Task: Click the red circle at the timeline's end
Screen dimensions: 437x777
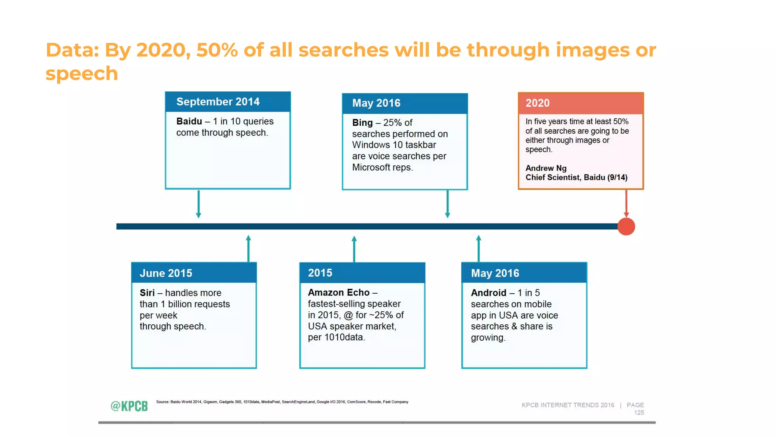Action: point(626,226)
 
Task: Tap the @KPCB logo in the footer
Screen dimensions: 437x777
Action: point(129,406)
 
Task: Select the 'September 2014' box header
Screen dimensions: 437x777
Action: point(228,102)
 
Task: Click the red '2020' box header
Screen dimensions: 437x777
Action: point(580,103)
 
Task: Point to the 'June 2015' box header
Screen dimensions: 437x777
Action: point(194,273)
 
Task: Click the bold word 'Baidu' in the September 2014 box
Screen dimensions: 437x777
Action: point(189,121)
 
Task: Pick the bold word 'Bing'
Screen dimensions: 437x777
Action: point(362,123)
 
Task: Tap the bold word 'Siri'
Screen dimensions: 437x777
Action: point(147,293)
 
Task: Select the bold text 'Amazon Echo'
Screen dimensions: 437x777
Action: point(338,292)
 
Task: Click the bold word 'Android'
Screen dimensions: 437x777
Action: point(488,293)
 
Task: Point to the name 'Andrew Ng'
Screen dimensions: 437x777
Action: point(546,168)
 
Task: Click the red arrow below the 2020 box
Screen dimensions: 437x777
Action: point(626,203)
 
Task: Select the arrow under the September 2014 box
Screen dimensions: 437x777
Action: point(198,204)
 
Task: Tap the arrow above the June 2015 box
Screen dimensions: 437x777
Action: point(249,248)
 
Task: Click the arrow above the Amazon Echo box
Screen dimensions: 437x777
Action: point(354,249)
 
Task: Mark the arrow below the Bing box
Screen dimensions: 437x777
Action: point(447,204)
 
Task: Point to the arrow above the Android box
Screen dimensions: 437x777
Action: point(478,248)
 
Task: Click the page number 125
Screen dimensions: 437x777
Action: point(639,413)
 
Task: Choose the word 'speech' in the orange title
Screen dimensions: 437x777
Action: point(82,74)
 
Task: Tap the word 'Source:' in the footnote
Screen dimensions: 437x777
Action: point(162,402)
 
